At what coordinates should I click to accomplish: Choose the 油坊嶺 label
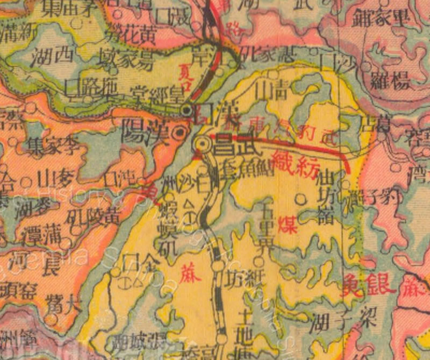pyautogui.click(x=327, y=198)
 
